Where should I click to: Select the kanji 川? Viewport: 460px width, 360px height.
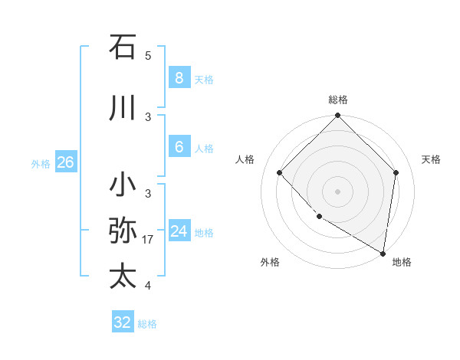pyautogui.click(x=123, y=108)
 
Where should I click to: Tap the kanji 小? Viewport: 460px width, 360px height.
pyautogui.click(x=123, y=185)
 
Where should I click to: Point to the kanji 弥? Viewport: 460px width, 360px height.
pyautogui.click(x=123, y=230)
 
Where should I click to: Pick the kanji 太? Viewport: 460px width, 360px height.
pyautogui.click(x=123, y=276)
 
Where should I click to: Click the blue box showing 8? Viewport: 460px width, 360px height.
pyautogui.click(x=179, y=77)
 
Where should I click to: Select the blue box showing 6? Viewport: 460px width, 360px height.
pyautogui.click(x=179, y=147)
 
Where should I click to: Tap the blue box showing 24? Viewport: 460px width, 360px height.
pyautogui.click(x=179, y=231)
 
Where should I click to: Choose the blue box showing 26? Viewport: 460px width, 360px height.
pyautogui.click(x=65, y=162)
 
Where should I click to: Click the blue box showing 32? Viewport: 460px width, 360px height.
pyautogui.click(x=123, y=322)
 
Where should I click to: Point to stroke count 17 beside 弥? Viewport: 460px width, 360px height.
pyautogui.click(x=148, y=240)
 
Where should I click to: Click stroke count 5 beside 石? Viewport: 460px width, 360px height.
pyautogui.click(x=148, y=56)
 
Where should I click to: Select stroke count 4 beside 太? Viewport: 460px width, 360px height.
pyautogui.click(x=148, y=286)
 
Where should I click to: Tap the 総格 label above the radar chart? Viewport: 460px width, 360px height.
pyautogui.click(x=337, y=100)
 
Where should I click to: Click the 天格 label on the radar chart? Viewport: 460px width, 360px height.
pyautogui.click(x=431, y=159)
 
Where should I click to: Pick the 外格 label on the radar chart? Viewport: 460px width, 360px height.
pyautogui.click(x=270, y=262)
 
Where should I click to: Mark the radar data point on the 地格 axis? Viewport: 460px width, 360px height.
pyautogui.click(x=383, y=253)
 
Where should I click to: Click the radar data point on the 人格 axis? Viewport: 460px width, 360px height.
pyautogui.click(x=280, y=173)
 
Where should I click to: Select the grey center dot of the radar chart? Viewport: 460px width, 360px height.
pyautogui.click(x=337, y=191)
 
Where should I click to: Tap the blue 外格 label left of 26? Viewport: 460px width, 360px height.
pyautogui.click(x=41, y=163)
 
